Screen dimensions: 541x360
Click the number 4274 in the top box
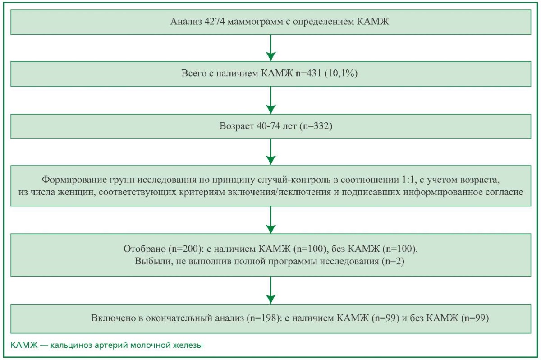coord(215,22)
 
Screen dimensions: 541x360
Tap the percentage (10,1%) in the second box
coord(341,73)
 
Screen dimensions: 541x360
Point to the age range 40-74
coord(268,126)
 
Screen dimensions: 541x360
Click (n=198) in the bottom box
coord(265,318)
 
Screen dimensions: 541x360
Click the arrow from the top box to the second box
coord(271,48)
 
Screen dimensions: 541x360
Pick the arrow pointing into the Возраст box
coord(271,100)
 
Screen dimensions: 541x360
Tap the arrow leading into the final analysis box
coord(271,290)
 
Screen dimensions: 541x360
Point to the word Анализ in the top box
coord(186,22)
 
